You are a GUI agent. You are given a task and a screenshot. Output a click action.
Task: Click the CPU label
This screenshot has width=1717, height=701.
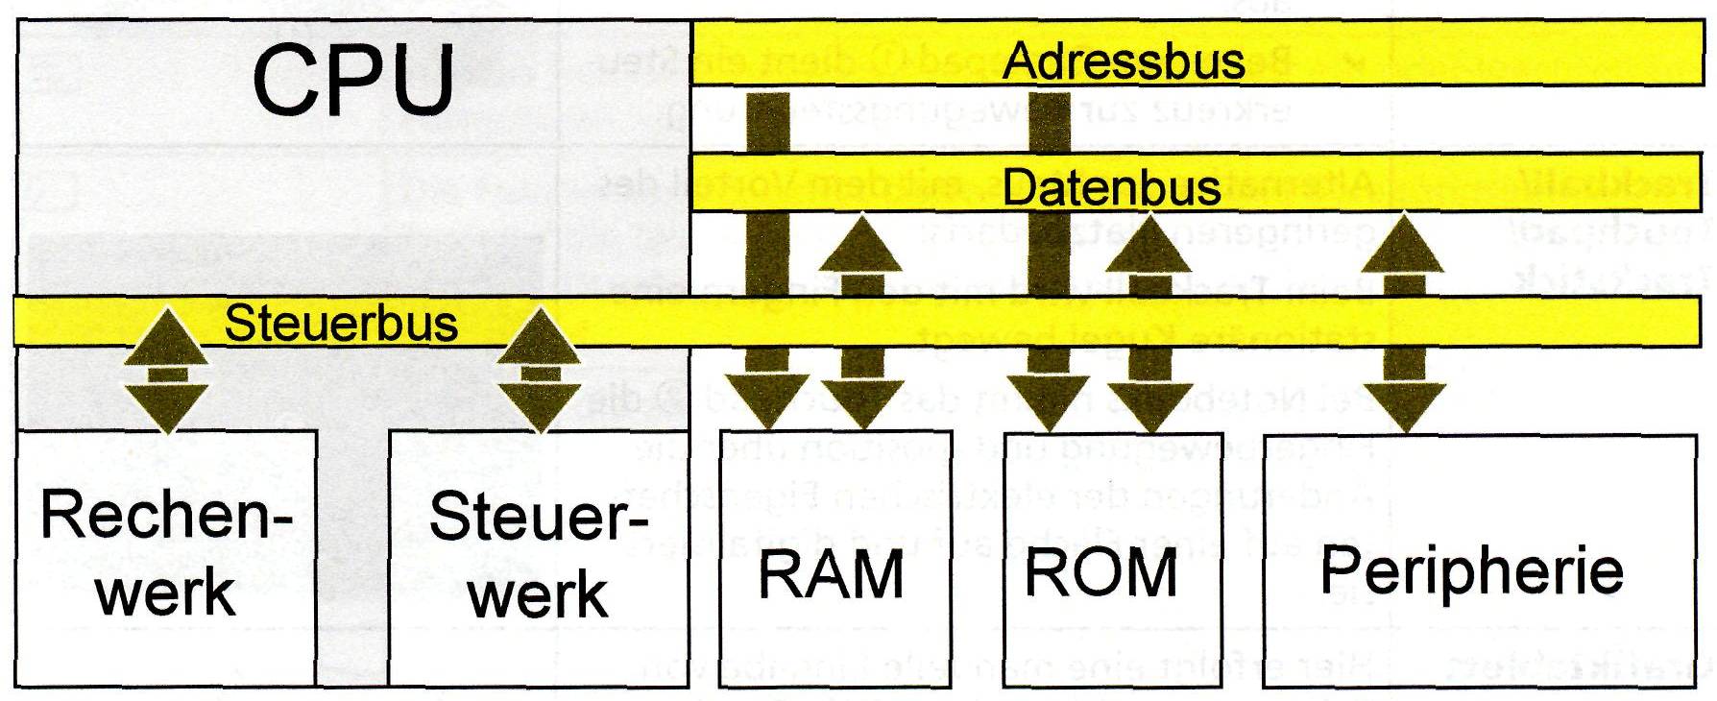(x=352, y=79)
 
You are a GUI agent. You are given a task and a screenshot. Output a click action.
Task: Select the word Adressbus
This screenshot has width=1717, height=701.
(x=1124, y=62)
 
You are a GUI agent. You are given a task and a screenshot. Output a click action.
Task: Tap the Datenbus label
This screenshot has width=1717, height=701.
(x=1112, y=185)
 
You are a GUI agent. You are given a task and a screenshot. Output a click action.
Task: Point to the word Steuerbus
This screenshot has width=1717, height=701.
(x=341, y=324)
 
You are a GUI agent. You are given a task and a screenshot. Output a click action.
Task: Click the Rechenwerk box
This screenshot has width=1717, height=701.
(x=166, y=557)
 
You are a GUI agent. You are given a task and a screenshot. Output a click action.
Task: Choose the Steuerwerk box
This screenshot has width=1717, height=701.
(x=538, y=557)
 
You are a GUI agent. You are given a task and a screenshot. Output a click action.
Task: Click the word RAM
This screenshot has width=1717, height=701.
(x=832, y=574)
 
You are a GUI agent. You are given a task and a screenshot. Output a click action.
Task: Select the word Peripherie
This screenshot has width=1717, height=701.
(x=1471, y=569)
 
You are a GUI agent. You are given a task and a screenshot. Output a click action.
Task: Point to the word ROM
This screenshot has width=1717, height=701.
(x=1100, y=572)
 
